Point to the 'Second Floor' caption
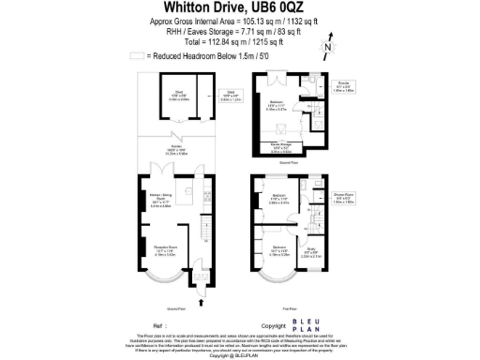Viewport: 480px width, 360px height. click(x=287, y=160)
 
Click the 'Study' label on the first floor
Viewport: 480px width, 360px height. click(x=310, y=251)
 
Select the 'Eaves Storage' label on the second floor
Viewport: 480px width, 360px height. click(x=281, y=145)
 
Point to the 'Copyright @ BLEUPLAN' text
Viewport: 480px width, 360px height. click(x=240, y=356)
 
